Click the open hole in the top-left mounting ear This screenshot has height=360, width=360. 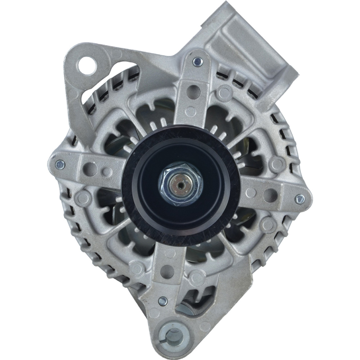point(87,61)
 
